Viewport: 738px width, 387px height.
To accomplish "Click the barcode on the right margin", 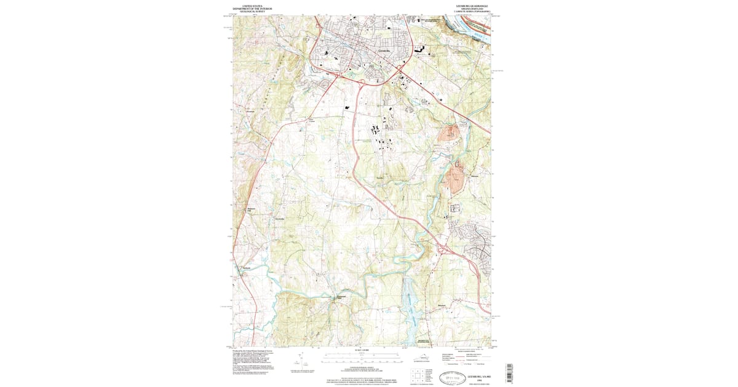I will click(x=509, y=372).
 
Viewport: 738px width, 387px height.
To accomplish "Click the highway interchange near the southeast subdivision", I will click(x=444, y=249).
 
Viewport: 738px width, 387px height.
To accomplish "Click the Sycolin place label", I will click(x=380, y=178).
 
